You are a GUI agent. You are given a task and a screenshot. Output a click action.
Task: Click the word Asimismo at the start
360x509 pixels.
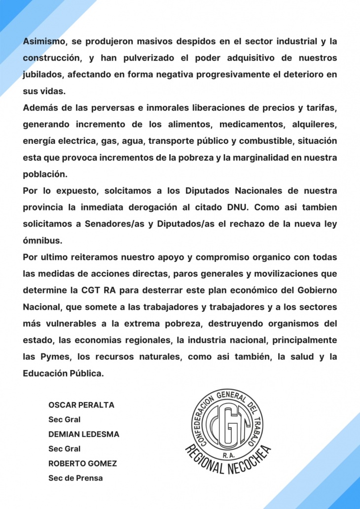click(45, 41)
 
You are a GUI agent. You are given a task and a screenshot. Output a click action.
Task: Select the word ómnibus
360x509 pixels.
click(42, 240)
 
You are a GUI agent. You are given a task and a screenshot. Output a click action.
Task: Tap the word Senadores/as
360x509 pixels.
click(108, 224)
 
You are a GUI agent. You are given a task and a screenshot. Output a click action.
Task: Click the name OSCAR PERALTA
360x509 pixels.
click(81, 405)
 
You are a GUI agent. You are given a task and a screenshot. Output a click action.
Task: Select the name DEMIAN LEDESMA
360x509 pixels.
click(84, 434)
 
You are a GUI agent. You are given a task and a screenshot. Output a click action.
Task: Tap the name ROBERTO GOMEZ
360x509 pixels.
click(82, 464)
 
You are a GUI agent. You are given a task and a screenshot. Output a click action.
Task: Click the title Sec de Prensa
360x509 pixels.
click(75, 478)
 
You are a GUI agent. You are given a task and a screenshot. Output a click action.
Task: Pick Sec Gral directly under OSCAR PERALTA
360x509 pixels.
click(64, 420)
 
